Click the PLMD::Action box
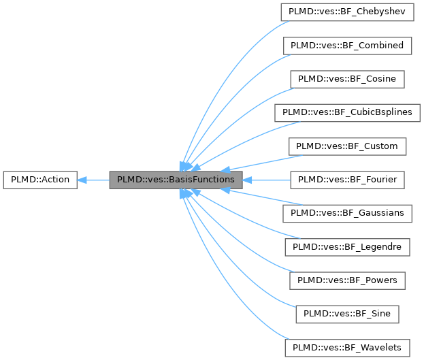[x=39, y=180]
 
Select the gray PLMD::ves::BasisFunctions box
[x=176, y=180]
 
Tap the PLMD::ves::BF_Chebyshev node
[x=347, y=12]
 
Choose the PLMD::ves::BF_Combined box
[x=347, y=46]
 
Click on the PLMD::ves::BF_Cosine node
[x=347, y=79]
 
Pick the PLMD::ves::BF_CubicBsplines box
[x=347, y=112]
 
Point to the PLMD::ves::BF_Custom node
[x=347, y=146]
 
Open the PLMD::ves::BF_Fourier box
[x=347, y=180]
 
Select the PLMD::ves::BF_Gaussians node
[x=347, y=213]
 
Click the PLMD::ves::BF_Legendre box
[x=347, y=246]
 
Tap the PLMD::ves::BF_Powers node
[x=347, y=280]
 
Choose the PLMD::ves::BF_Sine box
[x=347, y=314]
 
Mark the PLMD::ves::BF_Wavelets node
[x=347, y=347]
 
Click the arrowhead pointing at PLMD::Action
[x=82, y=180]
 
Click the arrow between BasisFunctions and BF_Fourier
[x=265, y=180]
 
